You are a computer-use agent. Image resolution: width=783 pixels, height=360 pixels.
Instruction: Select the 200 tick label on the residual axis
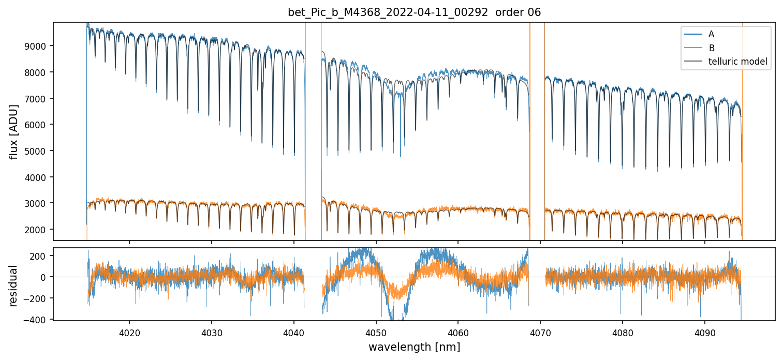(39, 256)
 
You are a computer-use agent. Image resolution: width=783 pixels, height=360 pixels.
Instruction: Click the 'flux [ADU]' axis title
(14, 131)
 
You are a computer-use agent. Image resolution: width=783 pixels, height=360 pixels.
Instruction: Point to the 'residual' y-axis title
(14, 286)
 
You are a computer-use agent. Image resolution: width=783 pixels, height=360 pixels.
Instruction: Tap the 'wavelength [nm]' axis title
(414, 347)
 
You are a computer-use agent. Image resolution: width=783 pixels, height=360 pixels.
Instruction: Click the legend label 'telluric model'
(737, 62)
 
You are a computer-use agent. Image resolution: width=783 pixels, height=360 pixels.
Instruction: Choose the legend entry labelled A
(712, 34)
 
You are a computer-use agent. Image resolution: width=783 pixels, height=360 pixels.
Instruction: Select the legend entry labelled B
(712, 48)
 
